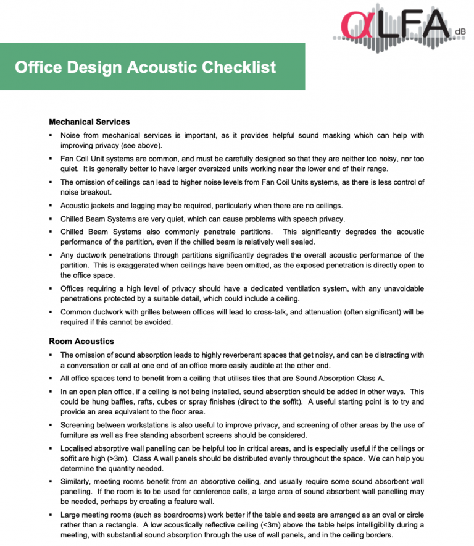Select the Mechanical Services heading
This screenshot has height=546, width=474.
[x=89, y=122]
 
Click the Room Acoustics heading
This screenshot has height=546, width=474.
[x=81, y=341]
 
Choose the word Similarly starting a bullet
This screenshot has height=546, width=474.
[x=78, y=481]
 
